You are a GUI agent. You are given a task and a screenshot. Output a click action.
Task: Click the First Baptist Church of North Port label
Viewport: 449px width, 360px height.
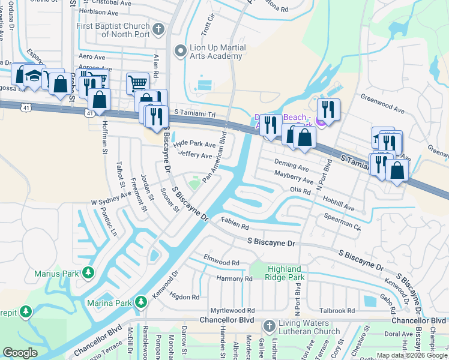coord(112,31)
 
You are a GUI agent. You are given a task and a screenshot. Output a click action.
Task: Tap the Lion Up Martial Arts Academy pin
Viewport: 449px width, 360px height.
coord(179,52)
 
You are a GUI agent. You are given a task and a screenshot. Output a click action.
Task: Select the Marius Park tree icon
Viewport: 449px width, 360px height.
coord(88,274)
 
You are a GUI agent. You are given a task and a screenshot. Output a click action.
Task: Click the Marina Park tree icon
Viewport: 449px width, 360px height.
coord(141,302)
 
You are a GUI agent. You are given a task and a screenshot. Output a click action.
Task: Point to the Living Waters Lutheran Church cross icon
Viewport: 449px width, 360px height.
coord(269,326)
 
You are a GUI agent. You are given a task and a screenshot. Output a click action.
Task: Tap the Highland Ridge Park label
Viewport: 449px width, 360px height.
coord(286,273)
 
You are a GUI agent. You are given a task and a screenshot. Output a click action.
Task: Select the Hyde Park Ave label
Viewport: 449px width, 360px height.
coord(194,145)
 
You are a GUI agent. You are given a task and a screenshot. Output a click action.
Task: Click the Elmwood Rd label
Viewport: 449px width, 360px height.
coord(221,263)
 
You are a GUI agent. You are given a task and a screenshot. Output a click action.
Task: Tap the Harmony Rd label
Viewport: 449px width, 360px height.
coord(235,279)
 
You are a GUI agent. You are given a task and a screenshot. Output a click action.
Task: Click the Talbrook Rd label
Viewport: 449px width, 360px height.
coord(337,310)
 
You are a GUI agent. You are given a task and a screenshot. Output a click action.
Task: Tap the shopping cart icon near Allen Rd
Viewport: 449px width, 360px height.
coord(137,83)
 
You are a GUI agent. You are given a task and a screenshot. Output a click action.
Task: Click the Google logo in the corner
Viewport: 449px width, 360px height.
coord(20,353)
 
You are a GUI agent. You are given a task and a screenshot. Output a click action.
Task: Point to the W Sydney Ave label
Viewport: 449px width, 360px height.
coord(110,199)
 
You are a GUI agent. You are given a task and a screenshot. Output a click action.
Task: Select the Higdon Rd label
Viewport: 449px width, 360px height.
coord(184,296)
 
